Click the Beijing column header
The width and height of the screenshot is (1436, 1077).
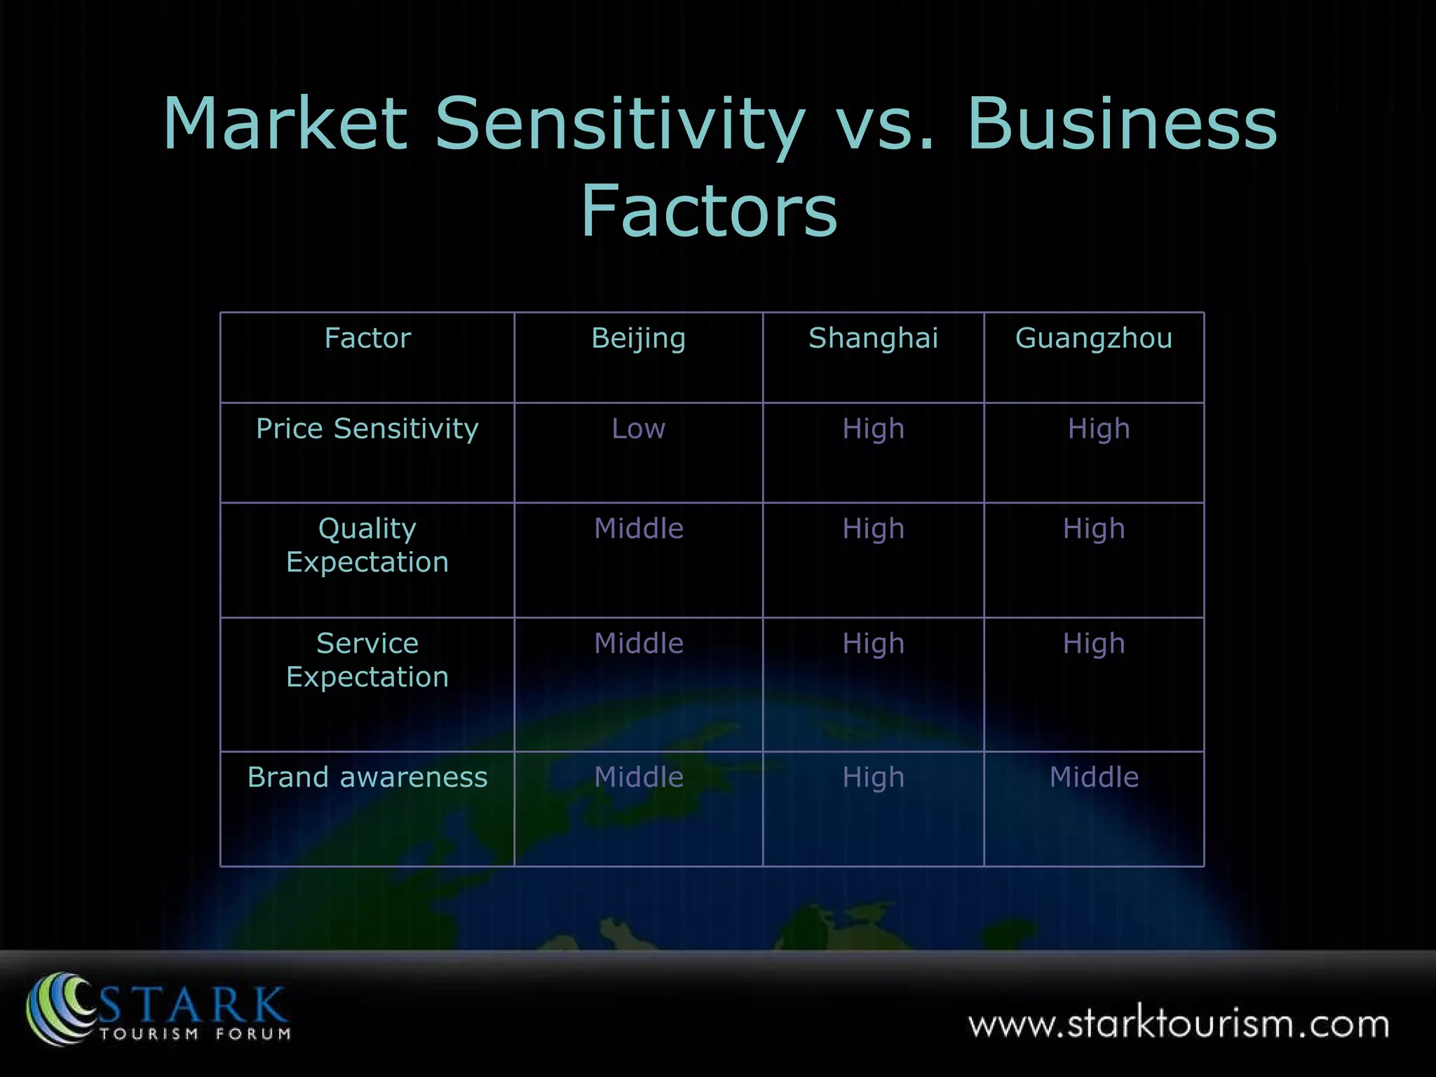(x=638, y=339)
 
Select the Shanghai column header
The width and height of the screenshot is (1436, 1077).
(x=873, y=339)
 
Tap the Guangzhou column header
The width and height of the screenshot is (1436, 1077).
(x=1093, y=339)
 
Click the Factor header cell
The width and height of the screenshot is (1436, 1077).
(x=367, y=339)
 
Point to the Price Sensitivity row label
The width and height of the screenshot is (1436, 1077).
(x=367, y=428)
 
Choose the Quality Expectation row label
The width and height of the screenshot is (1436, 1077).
(x=367, y=545)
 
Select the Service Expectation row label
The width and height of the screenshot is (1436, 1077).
(x=367, y=660)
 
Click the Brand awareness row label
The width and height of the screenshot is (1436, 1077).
(x=367, y=777)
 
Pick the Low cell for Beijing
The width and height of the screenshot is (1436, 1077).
(x=638, y=428)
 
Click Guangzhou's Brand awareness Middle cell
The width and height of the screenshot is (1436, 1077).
(x=1094, y=777)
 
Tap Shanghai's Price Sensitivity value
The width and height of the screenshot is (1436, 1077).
(x=873, y=428)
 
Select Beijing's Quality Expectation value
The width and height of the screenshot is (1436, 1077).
(x=638, y=529)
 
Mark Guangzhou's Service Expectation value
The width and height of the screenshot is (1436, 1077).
(x=1094, y=644)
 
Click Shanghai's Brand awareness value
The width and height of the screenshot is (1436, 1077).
(x=873, y=777)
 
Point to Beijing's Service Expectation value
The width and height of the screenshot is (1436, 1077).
(x=638, y=644)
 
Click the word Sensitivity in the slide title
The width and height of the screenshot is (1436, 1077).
(x=620, y=124)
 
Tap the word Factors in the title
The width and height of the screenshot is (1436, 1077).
(x=709, y=210)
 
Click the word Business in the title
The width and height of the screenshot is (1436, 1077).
(x=1122, y=124)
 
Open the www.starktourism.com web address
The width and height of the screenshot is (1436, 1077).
(x=1178, y=1024)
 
